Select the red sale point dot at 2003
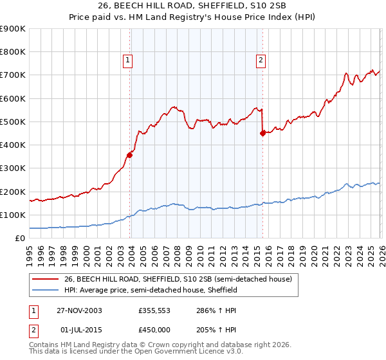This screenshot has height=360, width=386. coord(130,154)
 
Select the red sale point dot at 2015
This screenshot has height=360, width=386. coord(262,133)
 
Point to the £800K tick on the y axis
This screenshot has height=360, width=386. coord(13,52)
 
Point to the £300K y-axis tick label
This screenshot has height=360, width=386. coord(13,168)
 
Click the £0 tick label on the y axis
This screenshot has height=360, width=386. coord(19,239)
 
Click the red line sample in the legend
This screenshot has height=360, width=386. coord(45,279)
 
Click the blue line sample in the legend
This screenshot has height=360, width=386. coord(45,291)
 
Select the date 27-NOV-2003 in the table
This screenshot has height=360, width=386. coord(79,310)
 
